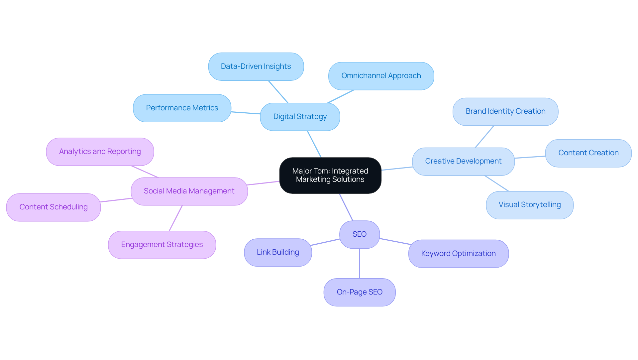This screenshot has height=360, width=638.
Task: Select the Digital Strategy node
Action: [x=300, y=117]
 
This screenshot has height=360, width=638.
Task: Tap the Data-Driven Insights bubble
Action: [x=256, y=66]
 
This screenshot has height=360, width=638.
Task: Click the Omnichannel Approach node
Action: [x=381, y=76]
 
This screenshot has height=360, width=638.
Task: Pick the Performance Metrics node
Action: [x=182, y=108]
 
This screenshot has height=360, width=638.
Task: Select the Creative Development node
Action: [x=463, y=161]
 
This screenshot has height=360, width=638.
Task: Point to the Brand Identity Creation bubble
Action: [x=505, y=111]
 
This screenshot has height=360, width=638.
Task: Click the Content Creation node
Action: [x=588, y=153]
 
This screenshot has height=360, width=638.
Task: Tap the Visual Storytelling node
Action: [x=529, y=205]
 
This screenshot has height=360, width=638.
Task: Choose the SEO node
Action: [x=359, y=234]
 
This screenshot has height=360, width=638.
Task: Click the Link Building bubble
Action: [x=278, y=252]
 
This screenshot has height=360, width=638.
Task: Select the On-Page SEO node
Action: [x=359, y=292]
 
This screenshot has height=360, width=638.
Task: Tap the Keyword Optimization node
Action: [x=458, y=254]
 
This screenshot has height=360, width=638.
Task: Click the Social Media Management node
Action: [x=189, y=191]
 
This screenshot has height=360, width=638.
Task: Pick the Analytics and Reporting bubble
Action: [x=100, y=152]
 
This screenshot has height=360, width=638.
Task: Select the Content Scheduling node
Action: [x=53, y=207]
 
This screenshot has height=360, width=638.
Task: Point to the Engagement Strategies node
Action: [x=162, y=245]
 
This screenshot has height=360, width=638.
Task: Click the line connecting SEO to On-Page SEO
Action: [x=360, y=263]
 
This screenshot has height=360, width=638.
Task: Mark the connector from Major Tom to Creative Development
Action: [x=397, y=169]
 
